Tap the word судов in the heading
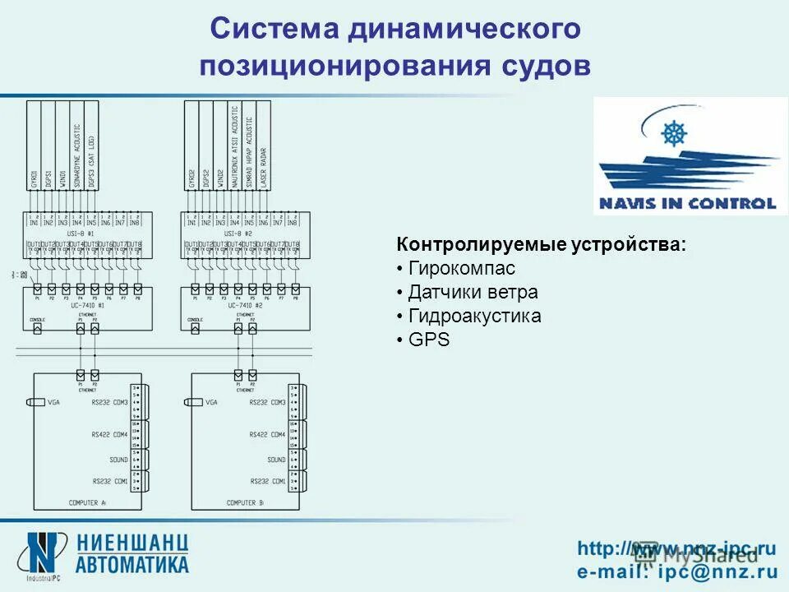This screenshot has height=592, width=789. pyautogui.click(x=544, y=66)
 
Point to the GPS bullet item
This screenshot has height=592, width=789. pyautogui.click(x=429, y=339)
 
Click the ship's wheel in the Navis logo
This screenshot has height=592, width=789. pyautogui.click(x=674, y=133)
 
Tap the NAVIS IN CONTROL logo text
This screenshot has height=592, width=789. pyautogui.click(x=686, y=203)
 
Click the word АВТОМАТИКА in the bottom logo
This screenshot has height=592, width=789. pyautogui.click(x=132, y=564)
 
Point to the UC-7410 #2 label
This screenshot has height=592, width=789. pyautogui.click(x=244, y=305)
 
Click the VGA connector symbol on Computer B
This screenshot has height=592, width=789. pyautogui.click(x=194, y=402)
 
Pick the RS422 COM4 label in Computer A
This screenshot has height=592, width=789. pyautogui.click(x=109, y=433)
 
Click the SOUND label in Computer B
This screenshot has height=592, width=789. pyautogui.click(x=276, y=460)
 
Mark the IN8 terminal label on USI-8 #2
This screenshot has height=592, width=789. pyautogui.click(x=292, y=222)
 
